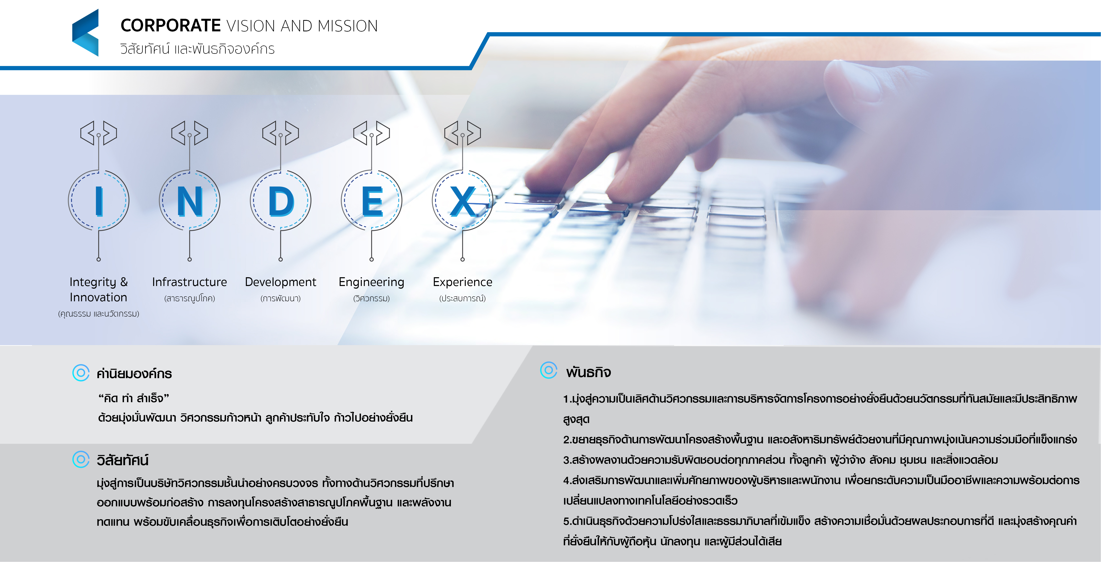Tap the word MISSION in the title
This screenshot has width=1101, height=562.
coord(348,26)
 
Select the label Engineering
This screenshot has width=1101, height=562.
coord(371,282)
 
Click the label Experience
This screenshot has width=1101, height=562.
coord(463,282)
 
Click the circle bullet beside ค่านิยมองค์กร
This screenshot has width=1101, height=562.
coord(81,373)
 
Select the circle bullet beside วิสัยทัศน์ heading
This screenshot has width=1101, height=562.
coord(81,459)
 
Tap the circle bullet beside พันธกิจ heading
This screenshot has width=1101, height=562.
coord(549,370)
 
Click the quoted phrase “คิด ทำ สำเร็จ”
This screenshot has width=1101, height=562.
coord(134,398)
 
